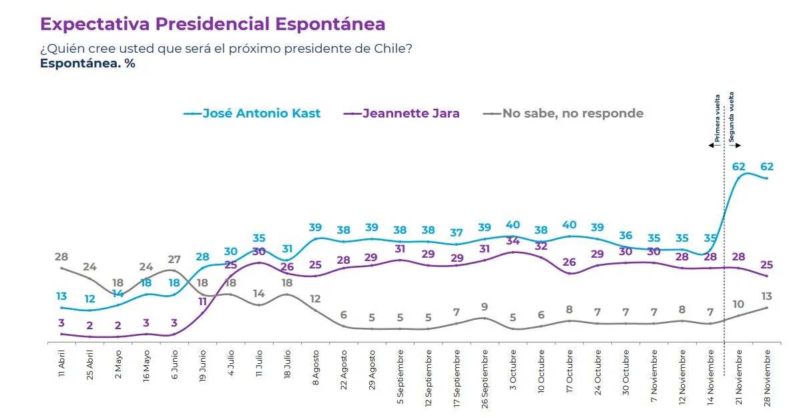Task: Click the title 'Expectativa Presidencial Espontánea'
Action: (212, 24)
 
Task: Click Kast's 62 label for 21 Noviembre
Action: (739, 167)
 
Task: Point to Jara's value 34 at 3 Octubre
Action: (513, 241)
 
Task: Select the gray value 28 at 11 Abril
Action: (61, 257)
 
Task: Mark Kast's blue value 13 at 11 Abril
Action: (61, 296)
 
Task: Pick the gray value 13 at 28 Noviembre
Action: (766, 296)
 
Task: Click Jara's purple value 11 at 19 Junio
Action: (203, 301)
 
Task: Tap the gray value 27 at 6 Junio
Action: (174, 260)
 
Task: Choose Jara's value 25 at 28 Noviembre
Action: (766, 265)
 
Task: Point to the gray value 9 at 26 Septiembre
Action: (485, 307)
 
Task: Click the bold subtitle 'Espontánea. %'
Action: (87, 63)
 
